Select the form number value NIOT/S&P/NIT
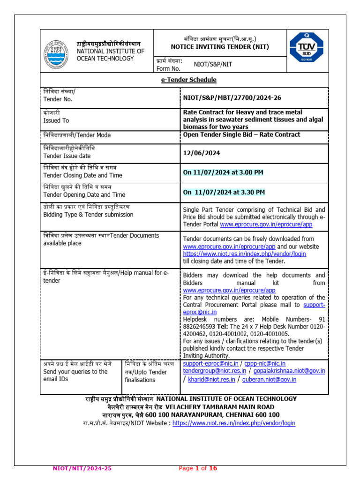[213, 65]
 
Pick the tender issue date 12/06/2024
[202, 153]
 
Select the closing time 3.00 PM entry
[223, 172]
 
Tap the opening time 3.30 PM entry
[224, 192]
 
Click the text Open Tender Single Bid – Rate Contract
[241, 135]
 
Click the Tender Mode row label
[77, 135]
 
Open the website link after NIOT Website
[234, 423]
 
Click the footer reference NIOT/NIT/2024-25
[82, 468]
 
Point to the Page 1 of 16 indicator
[198, 468]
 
